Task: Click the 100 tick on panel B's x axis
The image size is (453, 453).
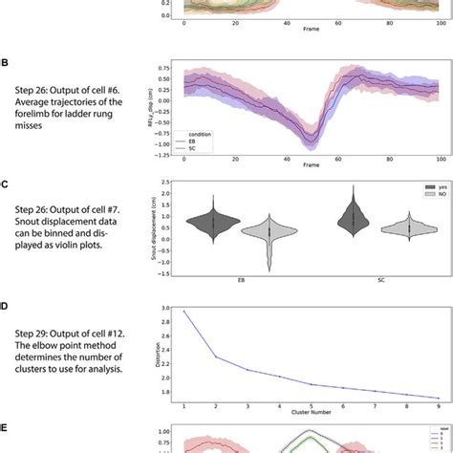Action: point(439,158)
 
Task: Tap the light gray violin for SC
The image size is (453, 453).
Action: point(410,229)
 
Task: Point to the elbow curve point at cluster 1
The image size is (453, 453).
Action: point(183,312)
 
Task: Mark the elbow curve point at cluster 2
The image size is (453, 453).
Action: point(214,356)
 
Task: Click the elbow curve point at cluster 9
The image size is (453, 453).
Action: point(439,398)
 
